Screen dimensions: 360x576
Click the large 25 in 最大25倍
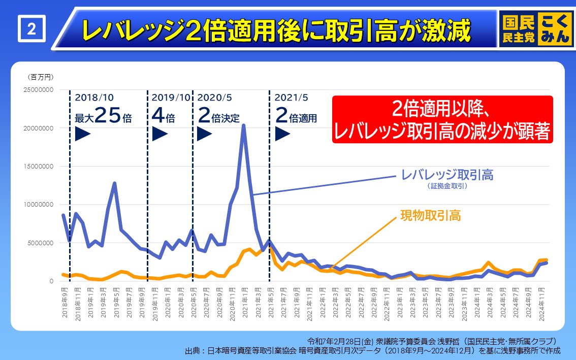[x=108, y=117]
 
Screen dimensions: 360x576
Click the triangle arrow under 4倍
[x=159, y=134]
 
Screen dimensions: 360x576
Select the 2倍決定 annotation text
[x=218, y=118]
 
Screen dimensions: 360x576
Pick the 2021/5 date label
[x=291, y=97]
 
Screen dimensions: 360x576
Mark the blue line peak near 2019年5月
[x=115, y=183]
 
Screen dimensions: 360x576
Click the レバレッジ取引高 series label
[x=447, y=175]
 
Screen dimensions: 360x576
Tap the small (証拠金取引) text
[x=447, y=186]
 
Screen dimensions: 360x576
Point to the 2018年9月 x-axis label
[x=65, y=304]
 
